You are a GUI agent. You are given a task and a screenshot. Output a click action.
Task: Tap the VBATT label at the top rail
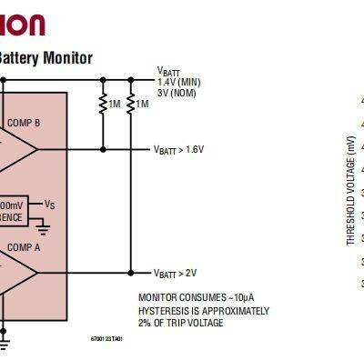(x=169, y=72)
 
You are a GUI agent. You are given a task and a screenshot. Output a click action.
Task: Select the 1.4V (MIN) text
(x=178, y=82)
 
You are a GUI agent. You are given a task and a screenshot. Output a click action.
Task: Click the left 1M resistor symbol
(x=103, y=105)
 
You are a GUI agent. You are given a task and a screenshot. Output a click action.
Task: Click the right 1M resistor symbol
(x=131, y=105)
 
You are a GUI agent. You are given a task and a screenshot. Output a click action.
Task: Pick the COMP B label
(x=24, y=123)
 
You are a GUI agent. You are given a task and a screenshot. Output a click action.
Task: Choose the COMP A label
(x=24, y=246)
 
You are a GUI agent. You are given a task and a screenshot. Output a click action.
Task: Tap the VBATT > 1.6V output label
(x=178, y=149)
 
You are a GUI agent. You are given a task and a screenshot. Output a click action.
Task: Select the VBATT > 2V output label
(x=175, y=273)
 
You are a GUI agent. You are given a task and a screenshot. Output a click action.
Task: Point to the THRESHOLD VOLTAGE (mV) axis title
(x=350, y=190)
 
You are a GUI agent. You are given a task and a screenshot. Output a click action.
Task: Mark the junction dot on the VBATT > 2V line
(x=131, y=273)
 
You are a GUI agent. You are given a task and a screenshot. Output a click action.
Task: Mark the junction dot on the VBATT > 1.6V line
(x=103, y=149)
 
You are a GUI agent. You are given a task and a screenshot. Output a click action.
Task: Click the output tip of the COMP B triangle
(x=38, y=149)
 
